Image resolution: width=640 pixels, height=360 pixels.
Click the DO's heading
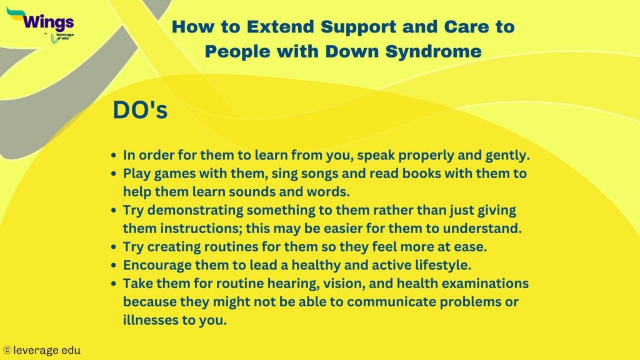click(139, 110)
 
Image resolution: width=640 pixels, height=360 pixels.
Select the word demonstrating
click(199, 211)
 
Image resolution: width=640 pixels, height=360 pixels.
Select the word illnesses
click(149, 320)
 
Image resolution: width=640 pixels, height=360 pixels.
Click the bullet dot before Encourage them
click(113, 264)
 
